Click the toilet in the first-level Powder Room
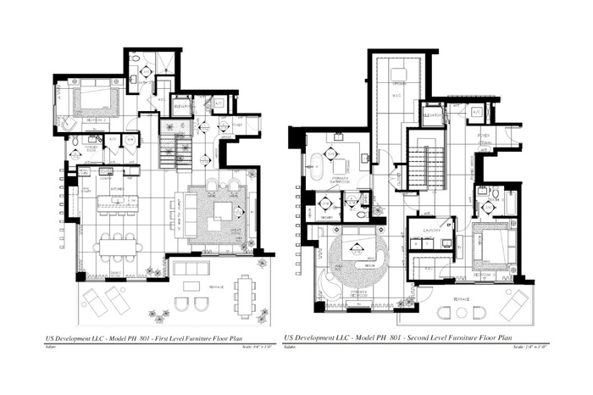[x=75, y=140]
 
